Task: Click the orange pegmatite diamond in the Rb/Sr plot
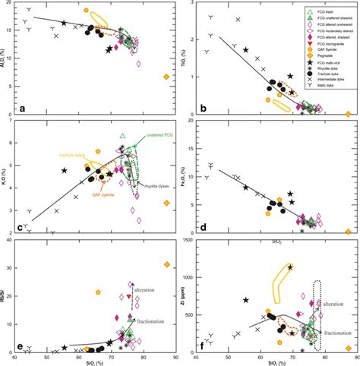click(166, 264)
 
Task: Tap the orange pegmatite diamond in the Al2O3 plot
click(166, 77)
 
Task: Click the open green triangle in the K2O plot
click(122, 136)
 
